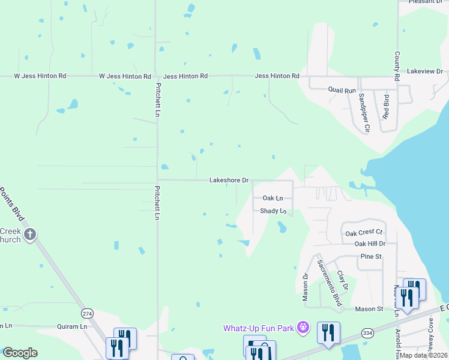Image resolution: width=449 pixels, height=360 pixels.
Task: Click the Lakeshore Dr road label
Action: tap(229, 180)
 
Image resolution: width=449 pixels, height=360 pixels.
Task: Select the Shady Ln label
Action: tap(273, 211)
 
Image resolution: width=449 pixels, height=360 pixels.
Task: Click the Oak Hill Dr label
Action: tap(370, 244)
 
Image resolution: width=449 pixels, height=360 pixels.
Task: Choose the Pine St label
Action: tap(371, 257)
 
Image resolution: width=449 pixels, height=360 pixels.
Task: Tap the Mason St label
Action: tap(369, 309)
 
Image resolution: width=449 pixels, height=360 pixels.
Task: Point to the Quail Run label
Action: tap(342, 91)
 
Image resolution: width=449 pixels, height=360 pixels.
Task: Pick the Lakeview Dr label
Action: tap(424, 71)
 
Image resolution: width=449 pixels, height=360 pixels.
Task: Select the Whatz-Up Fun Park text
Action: tap(259, 328)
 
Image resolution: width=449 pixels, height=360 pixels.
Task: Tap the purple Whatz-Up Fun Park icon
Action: tap(304, 328)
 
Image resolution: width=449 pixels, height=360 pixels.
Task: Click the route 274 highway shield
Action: tap(88, 314)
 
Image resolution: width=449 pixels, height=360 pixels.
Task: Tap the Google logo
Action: tap(20, 353)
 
